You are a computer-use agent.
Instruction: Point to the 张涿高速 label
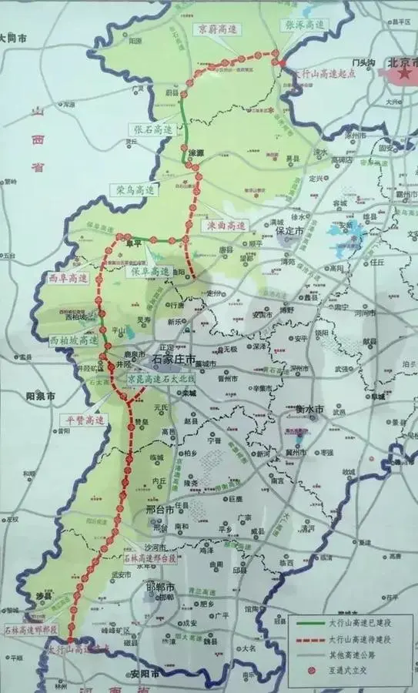pos(306,24)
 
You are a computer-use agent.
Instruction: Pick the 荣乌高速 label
pos(136,189)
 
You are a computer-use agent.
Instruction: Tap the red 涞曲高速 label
pos(226,226)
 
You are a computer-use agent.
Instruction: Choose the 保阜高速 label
pos(150,272)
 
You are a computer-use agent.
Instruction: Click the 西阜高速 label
pos(69,277)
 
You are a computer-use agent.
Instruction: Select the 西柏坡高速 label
pos(75,340)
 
